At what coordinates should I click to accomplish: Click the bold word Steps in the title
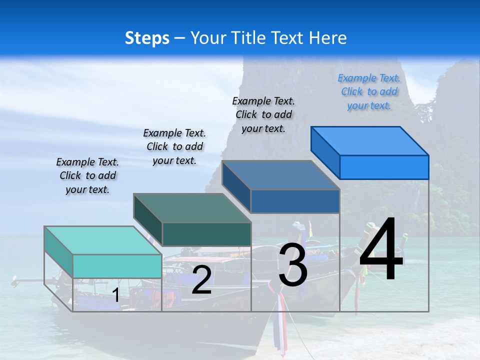pyautogui.click(x=147, y=38)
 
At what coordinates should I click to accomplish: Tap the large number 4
pyautogui.click(x=381, y=250)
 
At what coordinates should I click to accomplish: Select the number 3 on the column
pyautogui.click(x=293, y=265)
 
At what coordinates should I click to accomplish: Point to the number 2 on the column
pyautogui.click(x=201, y=280)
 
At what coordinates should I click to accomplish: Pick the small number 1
pyautogui.click(x=115, y=295)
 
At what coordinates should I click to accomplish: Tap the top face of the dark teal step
pyautogui.click(x=192, y=208)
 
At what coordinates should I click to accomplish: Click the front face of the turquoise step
pyautogui.click(x=117, y=266)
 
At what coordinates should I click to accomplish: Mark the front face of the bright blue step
pyautogui.click(x=384, y=167)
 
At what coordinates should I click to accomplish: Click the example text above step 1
pyautogui.click(x=87, y=175)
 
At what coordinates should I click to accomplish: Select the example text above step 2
pyautogui.click(x=174, y=146)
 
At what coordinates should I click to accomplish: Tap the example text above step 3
pyautogui.click(x=263, y=114)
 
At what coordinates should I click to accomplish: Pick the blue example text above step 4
pyautogui.click(x=369, y=91)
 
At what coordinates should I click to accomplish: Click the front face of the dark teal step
pyautogui.click(x=206, y=234)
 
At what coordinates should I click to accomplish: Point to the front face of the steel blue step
pyautogui.click(x=295, y=201)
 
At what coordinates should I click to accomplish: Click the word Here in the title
pyautogui.click(x=328, y=38)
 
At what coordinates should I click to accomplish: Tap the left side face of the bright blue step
pyautogui.click(x=325, y=152)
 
